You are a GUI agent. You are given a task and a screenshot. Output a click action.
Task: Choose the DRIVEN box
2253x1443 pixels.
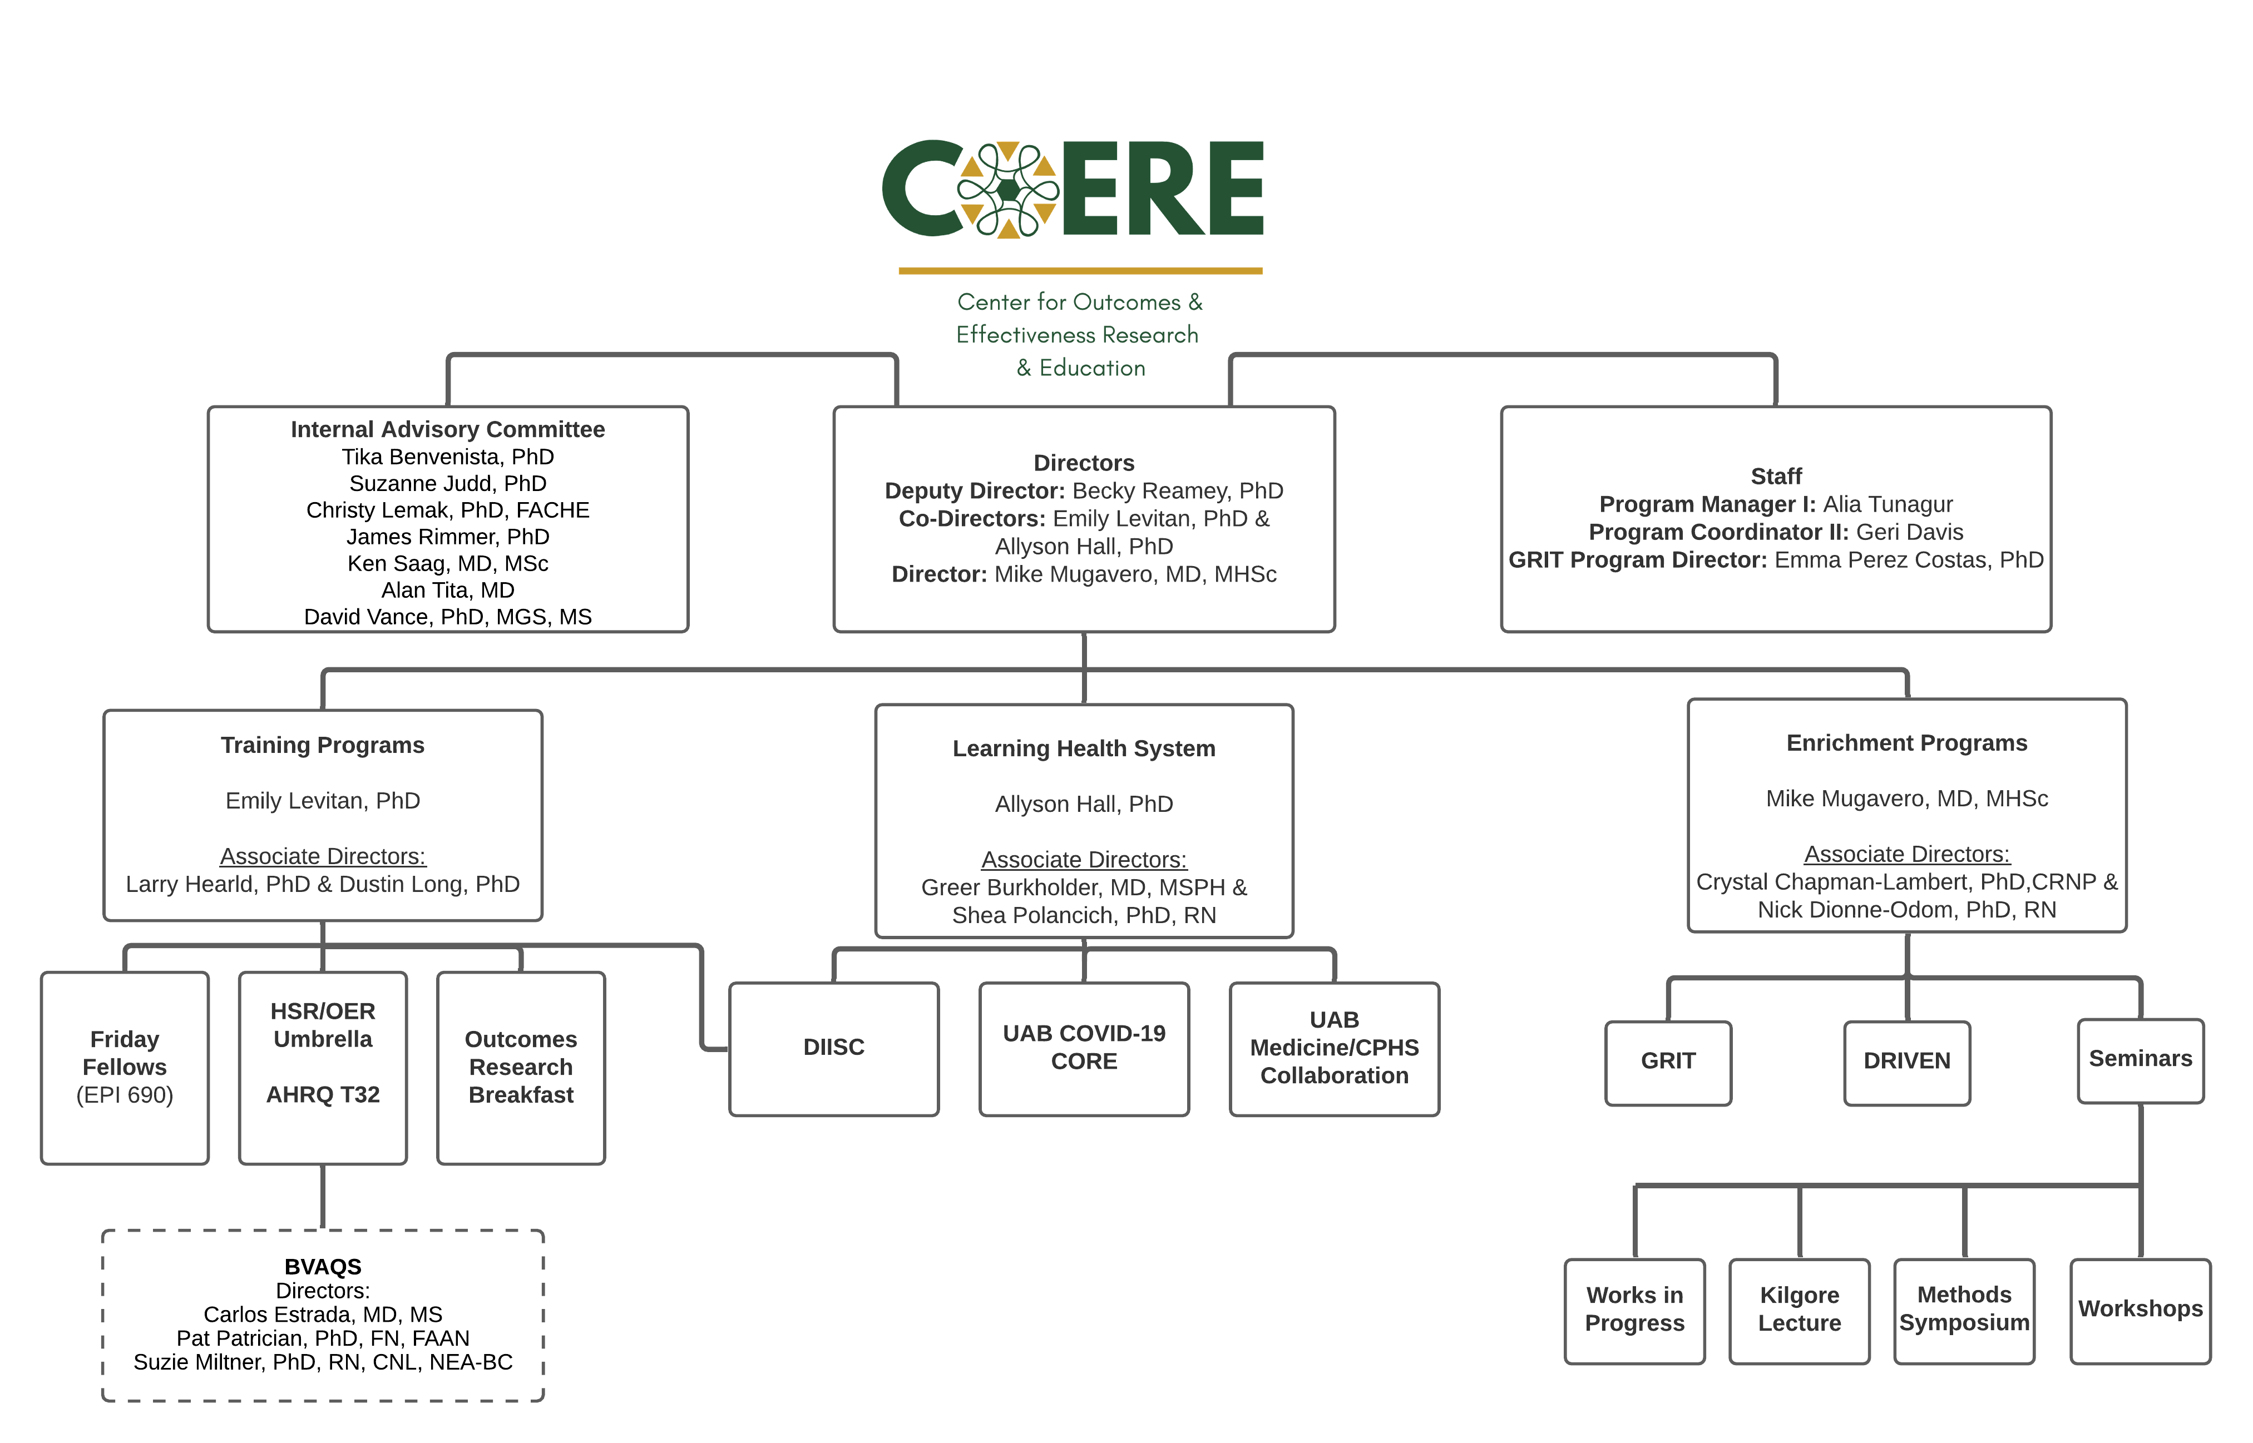(x=1906, y=1062)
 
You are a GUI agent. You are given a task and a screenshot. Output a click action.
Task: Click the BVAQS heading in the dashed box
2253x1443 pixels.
(x=323, y=1267)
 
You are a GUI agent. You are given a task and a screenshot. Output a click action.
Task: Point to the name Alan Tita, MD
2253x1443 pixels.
(x=447, y=591)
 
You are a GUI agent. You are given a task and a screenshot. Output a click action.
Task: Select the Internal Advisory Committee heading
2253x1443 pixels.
(x=447, y=429)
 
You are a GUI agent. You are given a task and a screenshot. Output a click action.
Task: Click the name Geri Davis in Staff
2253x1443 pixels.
(x=1909, y=532)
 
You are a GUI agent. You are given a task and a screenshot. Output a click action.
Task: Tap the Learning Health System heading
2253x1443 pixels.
(x=1084, y=748)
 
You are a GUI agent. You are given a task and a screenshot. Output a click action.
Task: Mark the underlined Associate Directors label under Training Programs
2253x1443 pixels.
(x=323, y=856)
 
